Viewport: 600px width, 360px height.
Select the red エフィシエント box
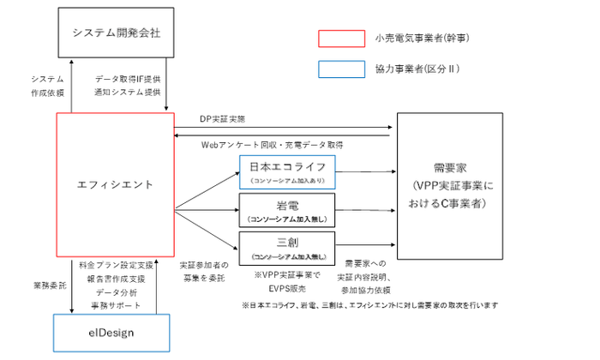(x=115, y=184)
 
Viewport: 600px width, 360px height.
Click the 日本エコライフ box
(x=287, y=171)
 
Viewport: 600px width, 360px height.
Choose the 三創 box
(x=287, y=249)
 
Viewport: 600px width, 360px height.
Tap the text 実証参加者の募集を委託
(x=203, y=272)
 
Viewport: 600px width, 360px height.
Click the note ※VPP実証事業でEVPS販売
(x=287, y=280)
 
